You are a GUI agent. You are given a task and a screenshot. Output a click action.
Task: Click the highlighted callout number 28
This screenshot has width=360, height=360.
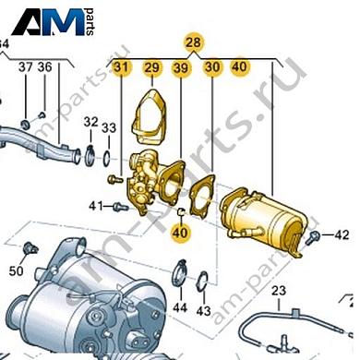click(x=193, y=42)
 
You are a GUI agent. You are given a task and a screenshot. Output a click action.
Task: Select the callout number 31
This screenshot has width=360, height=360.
click(x=122, y=66)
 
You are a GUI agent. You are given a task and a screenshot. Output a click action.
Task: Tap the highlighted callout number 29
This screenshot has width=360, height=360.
click(x=151, y=66)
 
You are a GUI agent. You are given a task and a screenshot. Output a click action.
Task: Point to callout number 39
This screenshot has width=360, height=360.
click(x=181, y=66)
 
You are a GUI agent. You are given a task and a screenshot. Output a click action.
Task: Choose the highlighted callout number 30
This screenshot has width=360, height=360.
click(x=211, y=66)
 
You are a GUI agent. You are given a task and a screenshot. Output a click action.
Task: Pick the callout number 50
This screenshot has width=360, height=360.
click(x=17, y=270)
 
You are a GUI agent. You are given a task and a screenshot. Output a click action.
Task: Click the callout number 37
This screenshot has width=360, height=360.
click(x=25, y=67)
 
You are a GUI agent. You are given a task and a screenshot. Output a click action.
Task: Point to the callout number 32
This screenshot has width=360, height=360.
click(x=90, y=122)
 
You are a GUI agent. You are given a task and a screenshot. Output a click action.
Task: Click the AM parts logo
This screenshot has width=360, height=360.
click(x=61, y=22)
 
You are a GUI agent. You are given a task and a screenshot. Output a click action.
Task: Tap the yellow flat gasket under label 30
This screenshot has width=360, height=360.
click(x=202, y=195)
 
